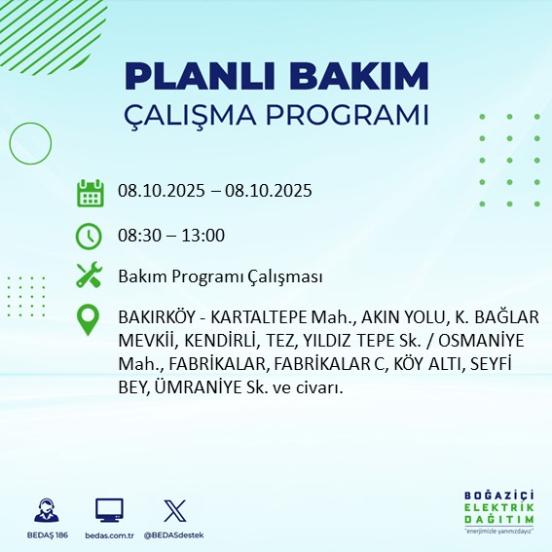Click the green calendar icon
point(90,192)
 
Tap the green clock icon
point(90,236)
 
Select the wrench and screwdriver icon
point(90,276)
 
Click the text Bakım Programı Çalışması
point(220,276)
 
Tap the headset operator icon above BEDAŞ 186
point(47,510)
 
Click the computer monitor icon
point(109,510)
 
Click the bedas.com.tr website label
point(109,535)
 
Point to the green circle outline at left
point(31,144)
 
